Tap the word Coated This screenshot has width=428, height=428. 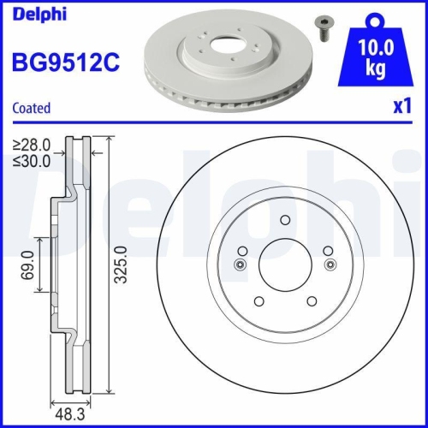click(x=31, y=108)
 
